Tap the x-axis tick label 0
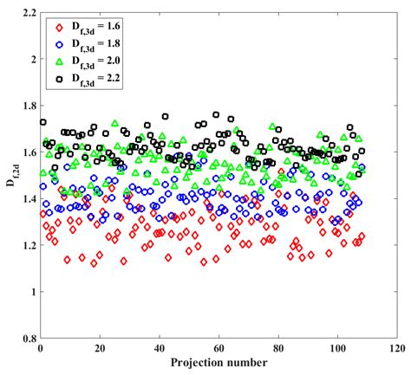tap(40, 349)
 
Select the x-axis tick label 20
tap(100, 349)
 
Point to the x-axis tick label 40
tap(159, 349)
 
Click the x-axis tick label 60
tap(218, 349)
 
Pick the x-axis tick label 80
tap(277, 349)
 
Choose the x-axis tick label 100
tap(336, 349)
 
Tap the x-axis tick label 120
tap(395, 349)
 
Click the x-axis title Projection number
tap(218, 363)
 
